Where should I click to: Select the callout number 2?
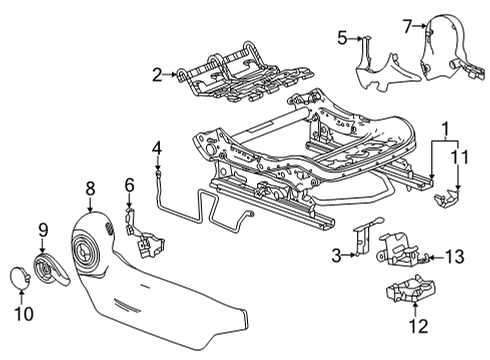157,73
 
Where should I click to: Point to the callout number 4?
156,150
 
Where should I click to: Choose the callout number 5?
341,38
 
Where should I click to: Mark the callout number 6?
129,184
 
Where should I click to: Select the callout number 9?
43,231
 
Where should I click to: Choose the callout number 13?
454,258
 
